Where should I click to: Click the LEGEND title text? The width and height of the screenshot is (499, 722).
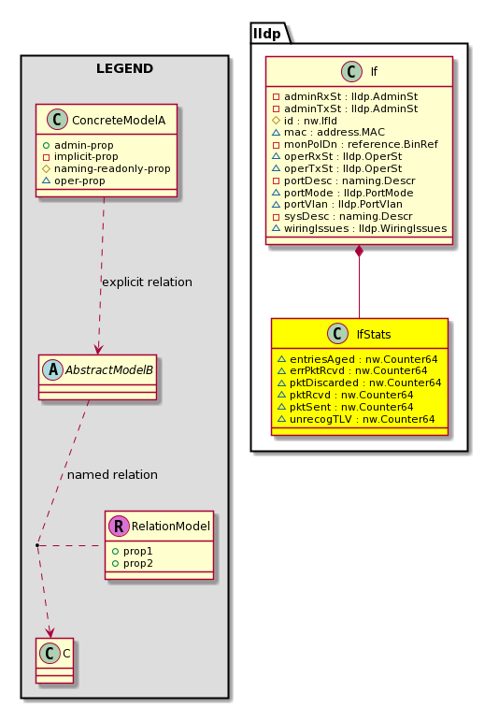pyautogui.click(x=124, y=68)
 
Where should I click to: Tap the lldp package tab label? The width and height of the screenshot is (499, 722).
pyautogui.click(x=266, y=34)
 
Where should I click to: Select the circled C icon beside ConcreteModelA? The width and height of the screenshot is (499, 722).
pyautogui.click(x=57, y=120)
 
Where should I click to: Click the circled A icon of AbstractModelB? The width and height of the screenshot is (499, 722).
pyautogui.click(x=52, y=369)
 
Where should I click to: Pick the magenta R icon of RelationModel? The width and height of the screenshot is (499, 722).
pyautogui.click(x=119, y=526)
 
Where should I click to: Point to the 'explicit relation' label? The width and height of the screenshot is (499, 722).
pyautogui.click(x=147, y=282)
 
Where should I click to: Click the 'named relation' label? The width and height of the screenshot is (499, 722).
pyautogui.click(x=112, y=474)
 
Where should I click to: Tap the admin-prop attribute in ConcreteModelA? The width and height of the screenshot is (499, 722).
pyautogui.click(x=84, y=145)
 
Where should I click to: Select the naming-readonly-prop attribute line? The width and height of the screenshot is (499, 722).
pyautogui.click(x=112, y=168)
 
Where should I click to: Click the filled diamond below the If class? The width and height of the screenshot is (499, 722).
pyautogui.click(x=359, y=252)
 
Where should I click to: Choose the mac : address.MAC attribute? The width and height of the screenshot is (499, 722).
pyautogui.click(x=335, y=132)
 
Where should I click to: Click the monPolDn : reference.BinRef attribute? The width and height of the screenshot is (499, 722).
pyautogui.click(x=361, y=144)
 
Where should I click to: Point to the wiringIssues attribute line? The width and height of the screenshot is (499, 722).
pyautogui.click(x=365, y=228)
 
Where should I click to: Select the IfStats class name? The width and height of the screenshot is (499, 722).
pyautogui.click(x=374, y=334)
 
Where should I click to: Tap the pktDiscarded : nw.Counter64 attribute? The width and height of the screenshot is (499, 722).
pyautogui.click(x=365, y=383)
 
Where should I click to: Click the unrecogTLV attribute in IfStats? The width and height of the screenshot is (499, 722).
pyautogui.click(x=362, y=419)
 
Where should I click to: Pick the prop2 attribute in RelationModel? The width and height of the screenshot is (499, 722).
pyautogui.click(x=138, y=563)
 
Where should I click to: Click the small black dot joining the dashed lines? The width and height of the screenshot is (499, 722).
pyautogui.click(x=37, y=545)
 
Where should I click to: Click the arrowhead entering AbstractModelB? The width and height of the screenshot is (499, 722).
pyautogui.click(x=97, y=349)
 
